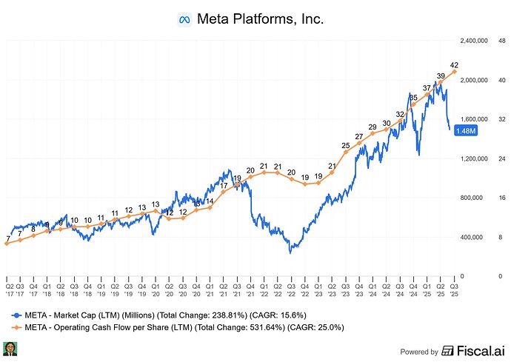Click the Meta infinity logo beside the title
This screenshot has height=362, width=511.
click(184, 20)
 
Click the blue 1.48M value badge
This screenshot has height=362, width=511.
click(466, 131)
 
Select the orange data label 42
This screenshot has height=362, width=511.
click(454, 65)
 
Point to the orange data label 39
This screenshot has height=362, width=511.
click(441, 76)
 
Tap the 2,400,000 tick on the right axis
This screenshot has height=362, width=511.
click(474, 41)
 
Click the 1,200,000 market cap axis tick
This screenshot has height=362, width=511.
click(474, 158)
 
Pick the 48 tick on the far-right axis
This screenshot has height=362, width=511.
click(502, 41)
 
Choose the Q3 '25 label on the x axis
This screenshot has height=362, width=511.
click(454, 290)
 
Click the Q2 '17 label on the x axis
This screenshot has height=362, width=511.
click(10, 290)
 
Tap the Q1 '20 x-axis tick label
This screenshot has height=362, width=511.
click(156, 290)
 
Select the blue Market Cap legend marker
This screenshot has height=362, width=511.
click(16, 315)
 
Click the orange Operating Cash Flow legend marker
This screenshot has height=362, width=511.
click(16, 327)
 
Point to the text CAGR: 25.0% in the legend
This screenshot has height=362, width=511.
click(315, 327)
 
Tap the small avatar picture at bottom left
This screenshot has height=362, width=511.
click(10, 349)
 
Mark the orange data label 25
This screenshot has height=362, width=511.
click(346, 146)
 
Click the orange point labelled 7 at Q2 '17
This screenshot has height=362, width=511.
click(7, 244)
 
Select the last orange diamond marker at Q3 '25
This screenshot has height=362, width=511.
click(454, 71)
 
